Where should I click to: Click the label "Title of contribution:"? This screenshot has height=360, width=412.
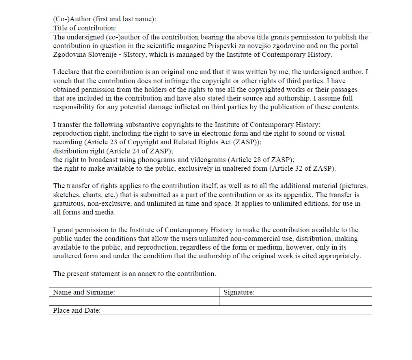coord(85,28)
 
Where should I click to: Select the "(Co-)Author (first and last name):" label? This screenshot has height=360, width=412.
coord(104,19)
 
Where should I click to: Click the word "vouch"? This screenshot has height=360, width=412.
coord(62,81)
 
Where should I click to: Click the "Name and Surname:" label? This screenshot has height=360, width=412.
coord(84,292)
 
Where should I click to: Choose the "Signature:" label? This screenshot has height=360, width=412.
coord(239,292)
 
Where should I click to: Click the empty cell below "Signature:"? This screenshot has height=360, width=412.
coord(295,301)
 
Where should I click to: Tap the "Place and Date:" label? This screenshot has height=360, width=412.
coord(77,310)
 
